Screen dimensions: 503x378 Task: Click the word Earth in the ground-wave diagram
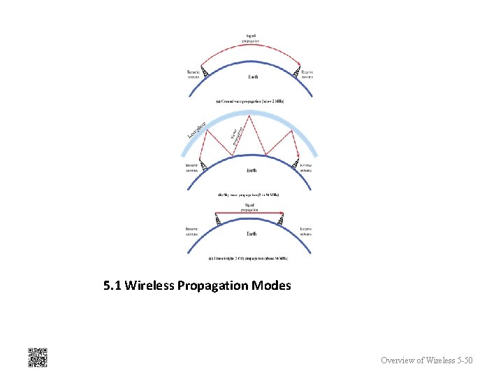click(x=253, y=76)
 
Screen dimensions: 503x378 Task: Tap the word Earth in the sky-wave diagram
click(x=251, y=170)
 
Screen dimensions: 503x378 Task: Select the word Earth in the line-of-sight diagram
click(x=251, y=234)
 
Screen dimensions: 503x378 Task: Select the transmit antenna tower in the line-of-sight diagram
click(x=218, y=220)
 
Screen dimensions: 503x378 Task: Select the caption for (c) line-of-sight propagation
click(x=249, y=258)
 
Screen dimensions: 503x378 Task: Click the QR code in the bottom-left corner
click(x=37, y=357)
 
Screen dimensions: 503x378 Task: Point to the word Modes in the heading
click(x=271, y=286)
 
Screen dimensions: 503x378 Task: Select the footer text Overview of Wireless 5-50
click(x=426, y=360)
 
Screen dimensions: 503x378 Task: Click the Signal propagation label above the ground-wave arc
click(x=251, y=38)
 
